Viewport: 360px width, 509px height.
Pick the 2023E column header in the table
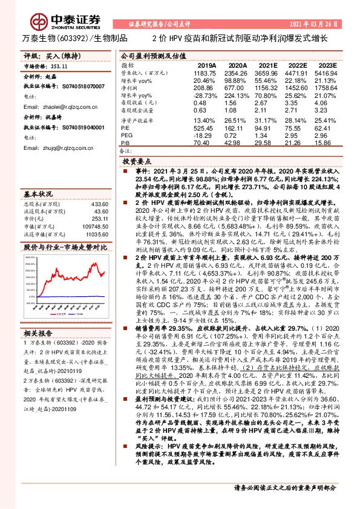coord(327,65)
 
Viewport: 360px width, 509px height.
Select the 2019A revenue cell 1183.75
coord(207,72)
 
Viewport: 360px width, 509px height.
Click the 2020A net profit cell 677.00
coord(238,88)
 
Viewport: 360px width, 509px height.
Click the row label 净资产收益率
coord(137,120)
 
